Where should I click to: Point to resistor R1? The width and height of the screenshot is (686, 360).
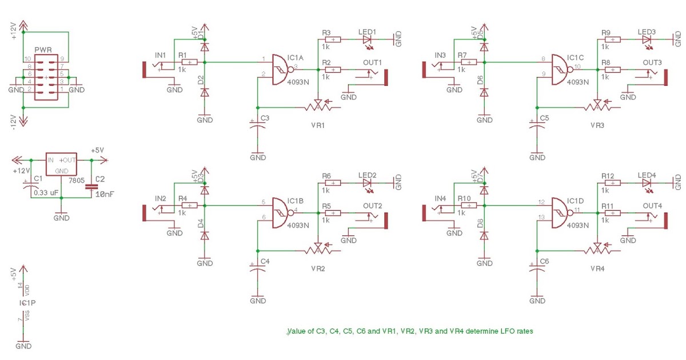[x=189, y=62]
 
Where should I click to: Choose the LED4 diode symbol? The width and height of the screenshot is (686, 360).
[x=647, y=183]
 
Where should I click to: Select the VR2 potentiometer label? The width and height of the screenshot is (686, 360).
[x=318, y=268]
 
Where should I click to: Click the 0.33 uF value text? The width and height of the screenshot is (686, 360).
[x=46, y=193]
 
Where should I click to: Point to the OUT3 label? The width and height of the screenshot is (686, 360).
[x=652, y=62]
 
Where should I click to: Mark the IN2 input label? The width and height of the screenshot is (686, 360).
[x=160, y=198]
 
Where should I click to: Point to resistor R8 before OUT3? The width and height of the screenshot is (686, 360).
[x=612, y=69]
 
